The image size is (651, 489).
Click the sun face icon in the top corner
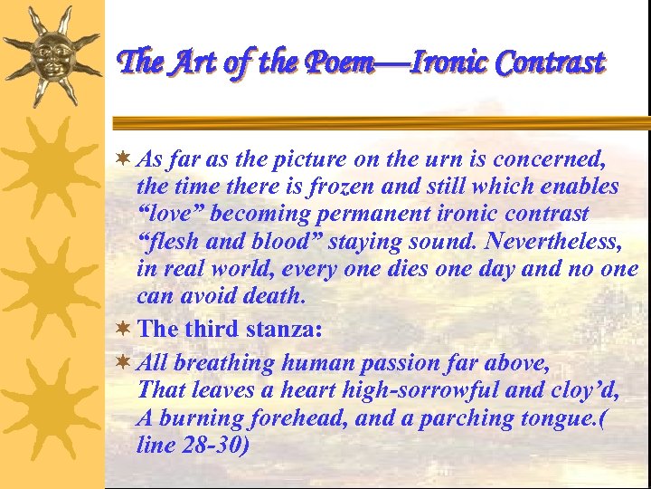click(52, 53)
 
